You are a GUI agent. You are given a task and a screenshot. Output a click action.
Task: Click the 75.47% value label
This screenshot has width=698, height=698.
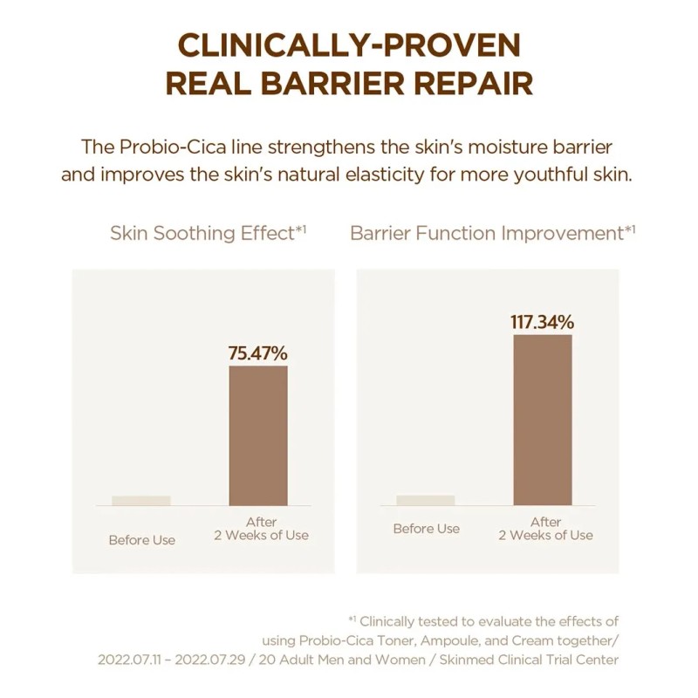[257, 353]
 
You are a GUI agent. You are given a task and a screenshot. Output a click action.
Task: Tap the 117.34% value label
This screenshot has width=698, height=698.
[542, 322]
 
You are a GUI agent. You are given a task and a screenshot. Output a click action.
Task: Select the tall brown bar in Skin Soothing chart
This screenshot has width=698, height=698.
[257, 435]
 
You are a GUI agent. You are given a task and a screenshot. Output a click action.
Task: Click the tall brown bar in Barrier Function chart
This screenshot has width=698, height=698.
[542, 419]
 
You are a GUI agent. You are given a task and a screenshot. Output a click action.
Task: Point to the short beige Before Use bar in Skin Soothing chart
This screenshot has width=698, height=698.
[140, 500]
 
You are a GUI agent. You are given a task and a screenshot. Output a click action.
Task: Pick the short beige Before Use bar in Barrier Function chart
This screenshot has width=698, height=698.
[425, 499]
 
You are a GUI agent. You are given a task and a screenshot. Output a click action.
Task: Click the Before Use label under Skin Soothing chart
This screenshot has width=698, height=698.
[141, 540]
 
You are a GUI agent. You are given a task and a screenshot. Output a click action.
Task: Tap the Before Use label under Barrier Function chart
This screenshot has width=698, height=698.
[426, 529]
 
